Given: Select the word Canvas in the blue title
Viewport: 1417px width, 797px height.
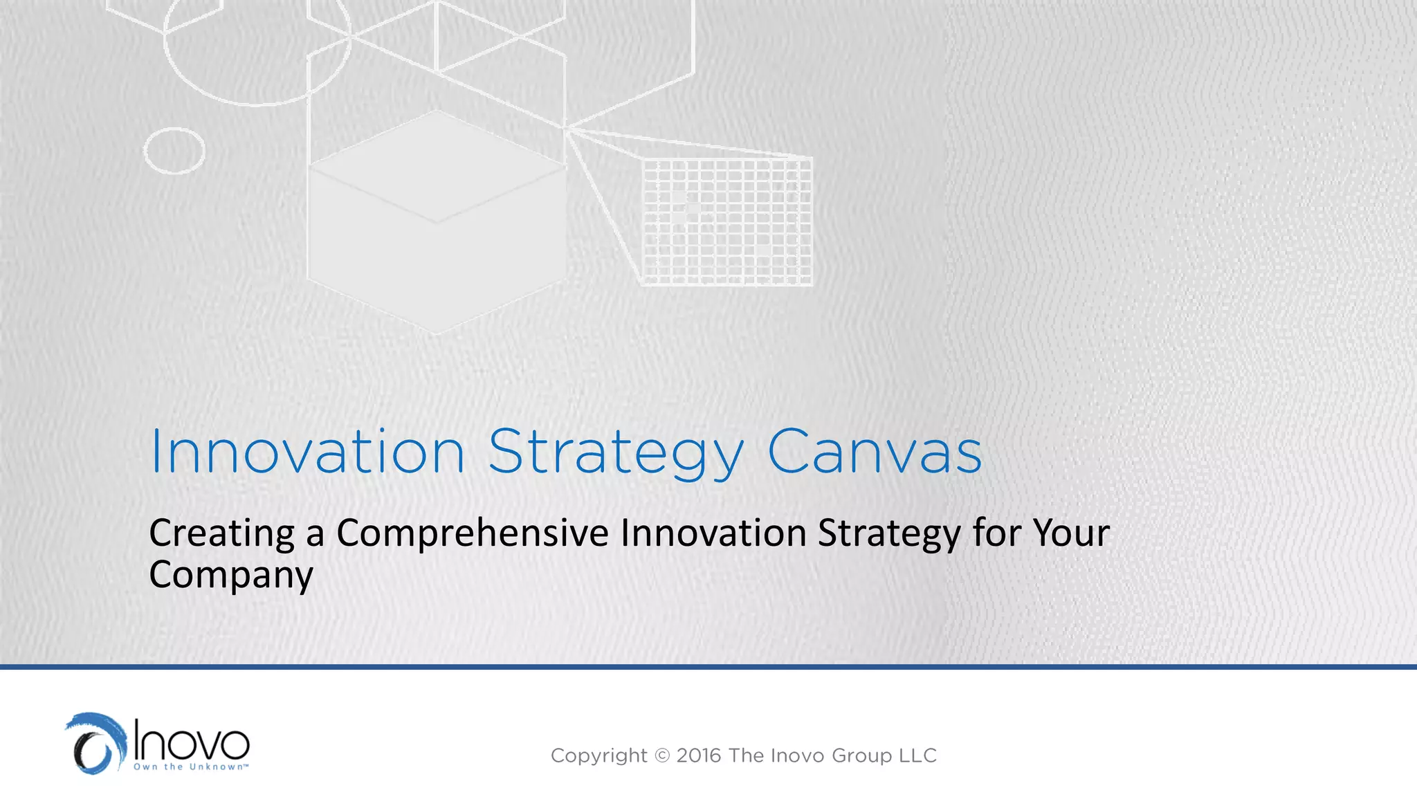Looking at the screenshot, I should click(x=875, y=452).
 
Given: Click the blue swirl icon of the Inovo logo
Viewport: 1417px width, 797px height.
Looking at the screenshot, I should click(x=96, y=744).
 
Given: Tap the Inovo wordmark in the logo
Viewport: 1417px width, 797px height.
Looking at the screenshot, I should click(x=192, y=741).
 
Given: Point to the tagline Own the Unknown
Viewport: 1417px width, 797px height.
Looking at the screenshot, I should click(x=190, y=767).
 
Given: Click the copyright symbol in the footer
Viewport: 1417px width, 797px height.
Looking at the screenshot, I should click(x=662, y=755).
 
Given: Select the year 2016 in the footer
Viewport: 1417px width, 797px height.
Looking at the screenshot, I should click(x=699, y=755).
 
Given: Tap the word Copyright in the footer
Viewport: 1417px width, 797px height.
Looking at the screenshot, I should click(x=598, y=755).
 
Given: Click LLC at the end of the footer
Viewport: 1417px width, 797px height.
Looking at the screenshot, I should click(x=918, y=755).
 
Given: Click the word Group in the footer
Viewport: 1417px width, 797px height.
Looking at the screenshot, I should click(x=861, y=755).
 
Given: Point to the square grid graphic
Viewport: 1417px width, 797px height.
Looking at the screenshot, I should click(x=726, y=221).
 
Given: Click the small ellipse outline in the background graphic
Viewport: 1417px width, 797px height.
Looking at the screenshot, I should click(x=174, y=150).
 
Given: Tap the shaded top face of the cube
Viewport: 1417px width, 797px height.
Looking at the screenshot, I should click(x=437, y=166).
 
